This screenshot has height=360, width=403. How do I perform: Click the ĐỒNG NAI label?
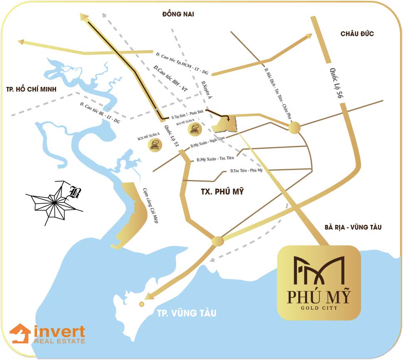tap(178, 15)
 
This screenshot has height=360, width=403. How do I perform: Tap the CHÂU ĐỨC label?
tap(357, 34)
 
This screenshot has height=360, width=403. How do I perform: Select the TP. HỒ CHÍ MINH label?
tap(31, 89)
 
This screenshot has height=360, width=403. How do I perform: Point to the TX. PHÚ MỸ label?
tap(220, 192)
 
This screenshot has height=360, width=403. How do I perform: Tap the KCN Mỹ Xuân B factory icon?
tap(194, 129)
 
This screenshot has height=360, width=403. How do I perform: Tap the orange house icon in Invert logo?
tap(20, 334)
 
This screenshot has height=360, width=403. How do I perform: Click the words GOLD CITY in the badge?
tap(319, 308)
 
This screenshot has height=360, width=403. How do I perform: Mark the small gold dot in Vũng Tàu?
tap(142, 304)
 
